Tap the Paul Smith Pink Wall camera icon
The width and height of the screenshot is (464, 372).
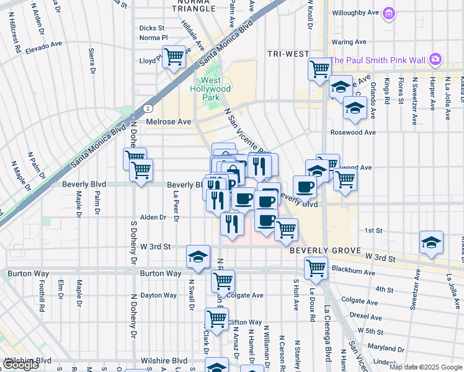coord(435,59)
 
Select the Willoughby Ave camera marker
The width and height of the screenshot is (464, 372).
coord(389,12)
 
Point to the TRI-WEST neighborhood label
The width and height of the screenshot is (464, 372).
coord(288,54)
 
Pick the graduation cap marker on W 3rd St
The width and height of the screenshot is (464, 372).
coord(198,256)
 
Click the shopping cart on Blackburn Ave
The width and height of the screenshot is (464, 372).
coord(316,268)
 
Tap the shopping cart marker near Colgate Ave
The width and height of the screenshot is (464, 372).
coord(223,280)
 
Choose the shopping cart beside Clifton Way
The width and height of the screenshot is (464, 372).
coord(216,319)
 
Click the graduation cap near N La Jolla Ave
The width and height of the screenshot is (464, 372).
coord(431,242)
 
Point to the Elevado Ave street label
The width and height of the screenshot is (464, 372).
coord(43,44)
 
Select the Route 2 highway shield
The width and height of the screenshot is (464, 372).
coord(146,108)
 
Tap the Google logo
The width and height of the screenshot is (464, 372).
coord(20,365)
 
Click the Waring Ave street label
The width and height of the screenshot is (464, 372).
coord(349,42)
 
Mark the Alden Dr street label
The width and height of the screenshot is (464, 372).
coord(153,217)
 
